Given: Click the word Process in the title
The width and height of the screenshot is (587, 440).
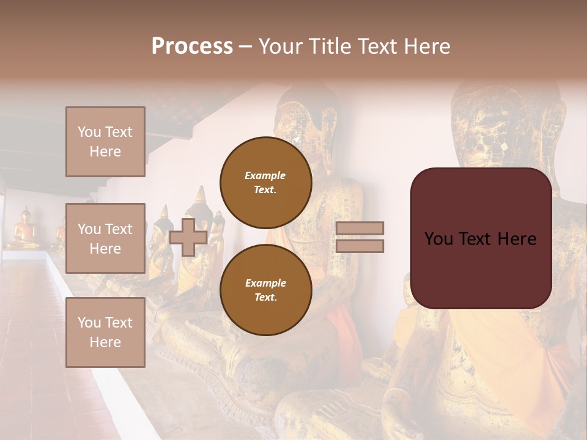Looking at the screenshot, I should click(x=192, y=46).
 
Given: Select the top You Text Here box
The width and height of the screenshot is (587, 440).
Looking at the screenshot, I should click(x=105, y=142).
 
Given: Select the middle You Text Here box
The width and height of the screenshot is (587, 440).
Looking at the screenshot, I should click(x=105, y=238).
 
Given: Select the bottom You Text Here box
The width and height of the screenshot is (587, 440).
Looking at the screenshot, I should click(x=105, y=332).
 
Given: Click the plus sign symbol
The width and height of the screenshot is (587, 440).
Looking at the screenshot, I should click(x=188, y=237).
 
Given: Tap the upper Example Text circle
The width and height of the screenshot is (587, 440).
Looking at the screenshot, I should click(x=265, y=183).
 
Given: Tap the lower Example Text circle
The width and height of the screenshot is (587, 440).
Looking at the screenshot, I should click(x=265, y=290).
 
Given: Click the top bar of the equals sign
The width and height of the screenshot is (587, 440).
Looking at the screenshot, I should click(x=360, y=228).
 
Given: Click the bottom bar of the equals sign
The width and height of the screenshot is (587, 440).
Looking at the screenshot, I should click(x=360, y=246).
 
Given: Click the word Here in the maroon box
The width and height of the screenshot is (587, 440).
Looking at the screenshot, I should click(x=517, y=239).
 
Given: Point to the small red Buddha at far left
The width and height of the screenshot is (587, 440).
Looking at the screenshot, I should click(x=25, y=229).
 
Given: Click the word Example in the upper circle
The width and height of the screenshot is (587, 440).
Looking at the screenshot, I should click(x=265, y=175).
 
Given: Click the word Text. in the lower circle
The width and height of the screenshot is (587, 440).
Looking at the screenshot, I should click(x=265, y=297).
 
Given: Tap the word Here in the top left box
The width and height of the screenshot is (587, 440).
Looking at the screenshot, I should click(x=105, y=152).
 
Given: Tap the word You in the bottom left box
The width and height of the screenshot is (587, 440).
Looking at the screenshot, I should click(x=89, y=323).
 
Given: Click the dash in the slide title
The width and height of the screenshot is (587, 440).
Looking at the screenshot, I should click(x=245, y=46).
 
